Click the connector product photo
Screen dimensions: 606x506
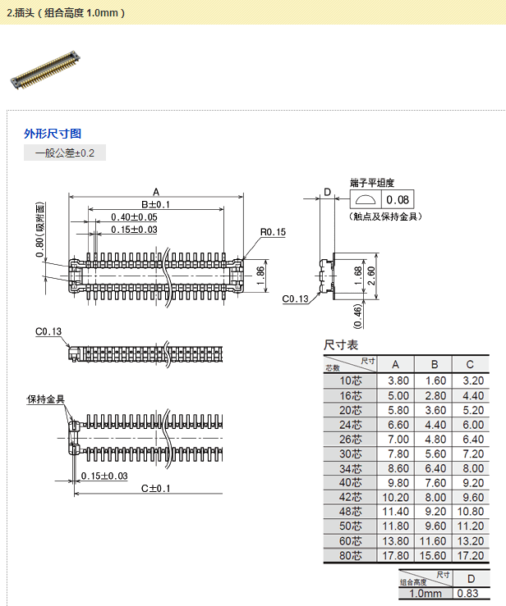pos(46,69)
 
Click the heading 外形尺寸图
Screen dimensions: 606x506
pos(53,134)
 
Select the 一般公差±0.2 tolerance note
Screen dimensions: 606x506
pos(65,153)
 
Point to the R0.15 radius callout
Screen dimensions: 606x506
pos(273,233)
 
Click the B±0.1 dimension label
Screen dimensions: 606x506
pos(155,204)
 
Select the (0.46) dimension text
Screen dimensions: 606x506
pos(357,312)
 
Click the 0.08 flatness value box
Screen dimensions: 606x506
pos(398,200)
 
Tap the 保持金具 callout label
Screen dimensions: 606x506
pos(45,399)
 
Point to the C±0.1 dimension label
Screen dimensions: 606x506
pos(155,489)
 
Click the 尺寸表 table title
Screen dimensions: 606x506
pos(341,345)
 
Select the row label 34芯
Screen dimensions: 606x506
pos(350,468)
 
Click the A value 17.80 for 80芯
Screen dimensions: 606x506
pos(397,555)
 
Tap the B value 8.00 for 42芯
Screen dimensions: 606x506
pos(435,497)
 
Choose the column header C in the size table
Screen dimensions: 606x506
pos(469,364)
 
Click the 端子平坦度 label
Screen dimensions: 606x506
pos(372,182)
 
